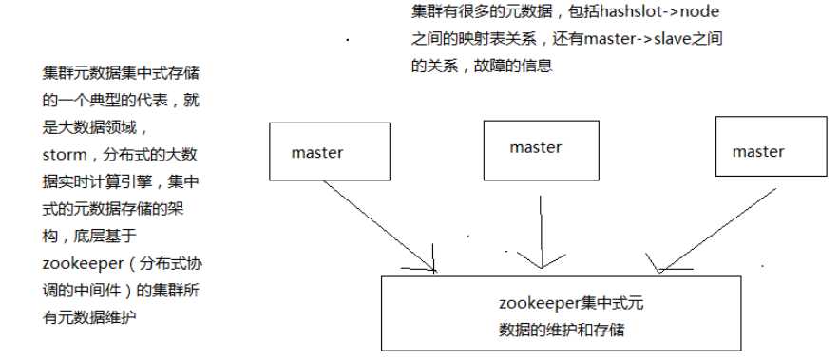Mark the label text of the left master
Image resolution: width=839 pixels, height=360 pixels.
coord(317,152)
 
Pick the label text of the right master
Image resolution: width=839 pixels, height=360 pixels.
coord(758,152)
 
